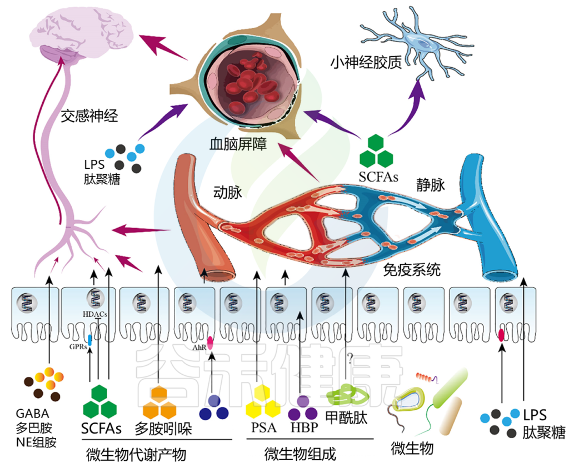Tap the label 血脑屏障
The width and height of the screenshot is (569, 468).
[x=238, y=144]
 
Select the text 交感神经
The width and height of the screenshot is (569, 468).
[x=89, y=115]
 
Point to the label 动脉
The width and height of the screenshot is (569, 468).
[x=227, y=192]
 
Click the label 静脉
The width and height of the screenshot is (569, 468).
[x=431, y=185]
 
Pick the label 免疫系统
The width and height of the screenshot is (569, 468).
[x=412, y=270]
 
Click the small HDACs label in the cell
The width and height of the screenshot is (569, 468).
[x=95, y=314]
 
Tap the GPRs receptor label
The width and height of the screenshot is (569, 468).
[x=78, y=347]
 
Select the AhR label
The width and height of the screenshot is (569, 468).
[x=199, y=348]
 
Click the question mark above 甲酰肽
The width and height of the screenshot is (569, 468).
[x=350, y=359]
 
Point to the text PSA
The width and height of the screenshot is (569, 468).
[x=264, y=427]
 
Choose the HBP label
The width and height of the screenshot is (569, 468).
[x=304, y=427]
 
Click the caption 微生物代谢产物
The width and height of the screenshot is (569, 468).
[x=136, y=454]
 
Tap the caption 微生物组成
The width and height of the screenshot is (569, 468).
[x=300, y=454]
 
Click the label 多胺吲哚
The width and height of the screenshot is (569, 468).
[x=163, y=429]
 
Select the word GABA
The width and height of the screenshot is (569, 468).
[x=33, y=413]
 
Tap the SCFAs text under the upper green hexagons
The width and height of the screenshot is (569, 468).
[x=378, y=177]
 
